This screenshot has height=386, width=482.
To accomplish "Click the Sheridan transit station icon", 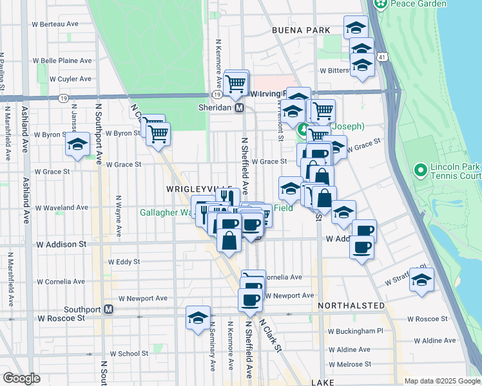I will pos(239,108).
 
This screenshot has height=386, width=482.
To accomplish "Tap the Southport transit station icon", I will pos(109,309).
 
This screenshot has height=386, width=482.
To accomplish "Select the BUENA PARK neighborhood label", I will pos(301,30).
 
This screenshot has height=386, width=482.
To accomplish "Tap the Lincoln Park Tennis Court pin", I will pos(421,171).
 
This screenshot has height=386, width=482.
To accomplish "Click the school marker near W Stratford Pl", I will pos(421,280).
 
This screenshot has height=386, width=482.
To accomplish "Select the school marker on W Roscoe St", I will pos(198,317).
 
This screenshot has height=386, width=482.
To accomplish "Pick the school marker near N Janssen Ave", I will pos(77,145).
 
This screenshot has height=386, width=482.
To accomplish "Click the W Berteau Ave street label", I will pos(55,24).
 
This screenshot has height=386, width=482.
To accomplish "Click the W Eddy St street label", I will pos(124,262).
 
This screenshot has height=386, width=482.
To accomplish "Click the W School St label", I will pos(129,353).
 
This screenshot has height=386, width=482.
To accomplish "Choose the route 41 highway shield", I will pos(383,58).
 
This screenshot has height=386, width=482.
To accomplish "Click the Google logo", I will pos(21,379).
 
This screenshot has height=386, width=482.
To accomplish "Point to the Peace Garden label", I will pos(423,4).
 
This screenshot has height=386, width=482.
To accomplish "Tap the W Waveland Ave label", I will pos(61,208).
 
